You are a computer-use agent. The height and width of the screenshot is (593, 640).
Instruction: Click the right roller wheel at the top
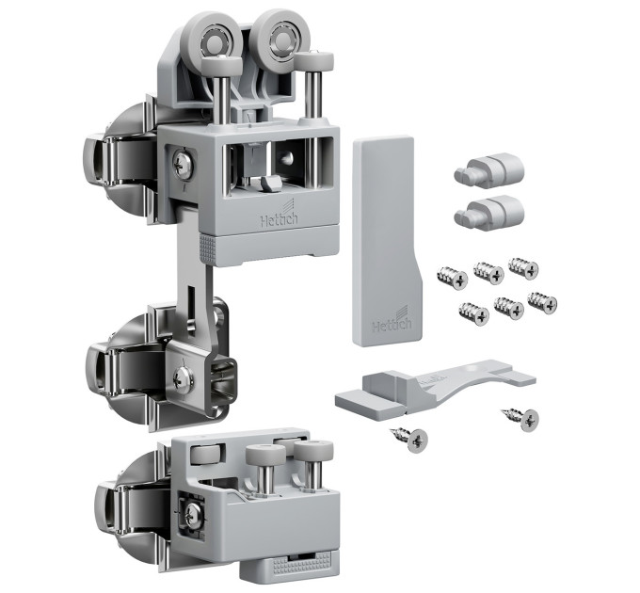coord(281,38)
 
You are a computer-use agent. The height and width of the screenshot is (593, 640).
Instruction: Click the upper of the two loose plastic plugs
coord(489,169)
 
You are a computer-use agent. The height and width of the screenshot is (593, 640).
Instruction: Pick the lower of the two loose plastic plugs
coord(489,212)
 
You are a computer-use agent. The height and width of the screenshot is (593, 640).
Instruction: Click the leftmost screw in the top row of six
coord(452,278)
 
